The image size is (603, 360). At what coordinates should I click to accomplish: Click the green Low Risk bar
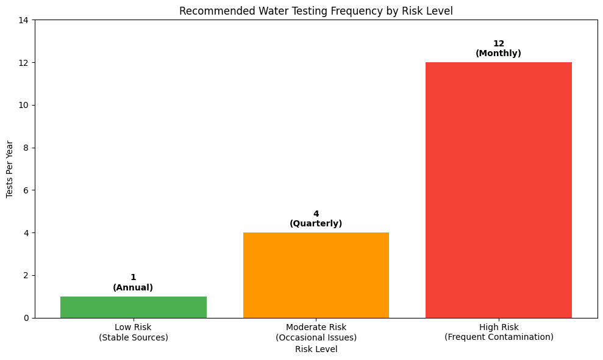click(133, 307)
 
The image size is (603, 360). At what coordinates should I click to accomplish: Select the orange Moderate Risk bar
click(316, 275)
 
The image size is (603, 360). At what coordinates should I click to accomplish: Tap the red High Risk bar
click(498, 190)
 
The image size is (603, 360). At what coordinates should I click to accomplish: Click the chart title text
click(316, 11)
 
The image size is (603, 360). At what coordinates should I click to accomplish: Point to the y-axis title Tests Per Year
click(10, 169)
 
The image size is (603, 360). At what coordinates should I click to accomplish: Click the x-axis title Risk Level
click(316, 350)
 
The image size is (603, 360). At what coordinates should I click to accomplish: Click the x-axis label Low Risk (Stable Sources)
click(133, 332)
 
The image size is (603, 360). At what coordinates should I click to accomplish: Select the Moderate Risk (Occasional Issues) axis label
click(316, 332)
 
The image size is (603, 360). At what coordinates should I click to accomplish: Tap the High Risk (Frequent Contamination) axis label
click(498, 332)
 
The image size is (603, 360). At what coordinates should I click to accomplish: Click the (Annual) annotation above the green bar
click(133, 287)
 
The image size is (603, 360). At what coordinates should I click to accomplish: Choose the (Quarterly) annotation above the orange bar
click(316, 224)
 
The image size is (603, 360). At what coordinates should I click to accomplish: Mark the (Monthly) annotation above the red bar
click(498, 54)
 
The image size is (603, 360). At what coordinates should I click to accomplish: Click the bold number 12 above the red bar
click(498, 44)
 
